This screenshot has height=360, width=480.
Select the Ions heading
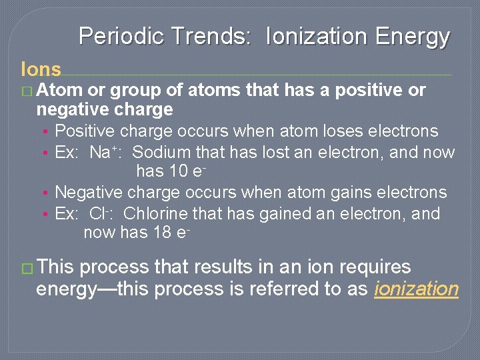[41, 69]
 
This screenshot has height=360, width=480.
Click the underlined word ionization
[417, 289]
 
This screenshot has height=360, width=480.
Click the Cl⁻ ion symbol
[102, 214]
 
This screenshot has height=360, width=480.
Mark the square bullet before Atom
[27, 90]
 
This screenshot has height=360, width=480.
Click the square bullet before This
[27, 268]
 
